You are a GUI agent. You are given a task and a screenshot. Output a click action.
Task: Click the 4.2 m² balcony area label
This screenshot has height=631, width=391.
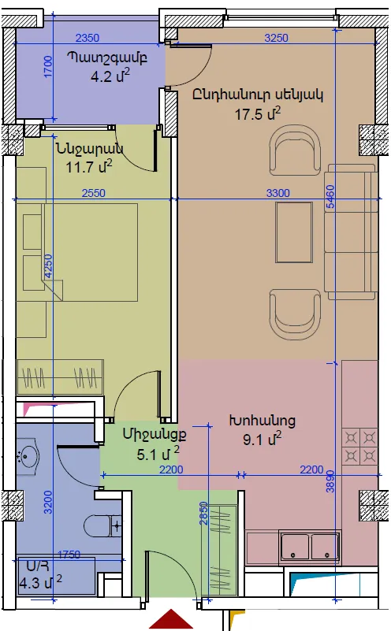tap(110, 76)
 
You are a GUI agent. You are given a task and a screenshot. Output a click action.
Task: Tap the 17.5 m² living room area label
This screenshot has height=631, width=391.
tap(258, 113)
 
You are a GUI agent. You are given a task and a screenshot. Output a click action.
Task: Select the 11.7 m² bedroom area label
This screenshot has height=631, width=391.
tap(89, 165)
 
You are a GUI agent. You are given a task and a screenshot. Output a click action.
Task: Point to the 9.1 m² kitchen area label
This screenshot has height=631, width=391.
tap(263, 439)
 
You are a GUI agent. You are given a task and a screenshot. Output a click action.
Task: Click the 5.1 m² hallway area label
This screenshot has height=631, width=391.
tap(158, 454)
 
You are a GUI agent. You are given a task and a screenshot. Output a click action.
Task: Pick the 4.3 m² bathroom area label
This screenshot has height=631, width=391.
tap(41, 582)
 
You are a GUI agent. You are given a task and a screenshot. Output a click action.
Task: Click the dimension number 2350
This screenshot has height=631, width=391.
tap(88, 38)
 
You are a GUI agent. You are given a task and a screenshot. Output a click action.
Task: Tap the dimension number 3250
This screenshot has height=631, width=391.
tap(276, 38)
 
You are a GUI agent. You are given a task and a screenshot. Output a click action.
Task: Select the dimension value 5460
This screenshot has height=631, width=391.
tap(330, 196)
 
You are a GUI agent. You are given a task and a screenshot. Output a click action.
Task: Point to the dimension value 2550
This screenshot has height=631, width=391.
tap(94, 193)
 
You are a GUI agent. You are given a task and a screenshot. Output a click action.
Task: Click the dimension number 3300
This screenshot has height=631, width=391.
tap(277, 193)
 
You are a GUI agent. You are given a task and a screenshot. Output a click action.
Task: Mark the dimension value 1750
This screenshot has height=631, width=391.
tap(69, 555)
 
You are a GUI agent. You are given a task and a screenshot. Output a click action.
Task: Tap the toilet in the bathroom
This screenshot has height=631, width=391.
tap(102, 525)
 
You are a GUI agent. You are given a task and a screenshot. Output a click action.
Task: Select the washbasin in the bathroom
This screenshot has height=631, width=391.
tap(28, 456)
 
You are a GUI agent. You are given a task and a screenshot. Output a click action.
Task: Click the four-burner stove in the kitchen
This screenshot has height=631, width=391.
tap(360, 447)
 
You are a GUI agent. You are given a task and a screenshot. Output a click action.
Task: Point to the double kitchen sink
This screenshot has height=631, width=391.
tap(310, 546)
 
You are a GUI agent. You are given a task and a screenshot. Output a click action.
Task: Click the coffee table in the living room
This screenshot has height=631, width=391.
tap(294, 232)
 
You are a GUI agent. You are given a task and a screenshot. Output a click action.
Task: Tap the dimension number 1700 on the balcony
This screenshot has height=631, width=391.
tap(48, 67)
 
